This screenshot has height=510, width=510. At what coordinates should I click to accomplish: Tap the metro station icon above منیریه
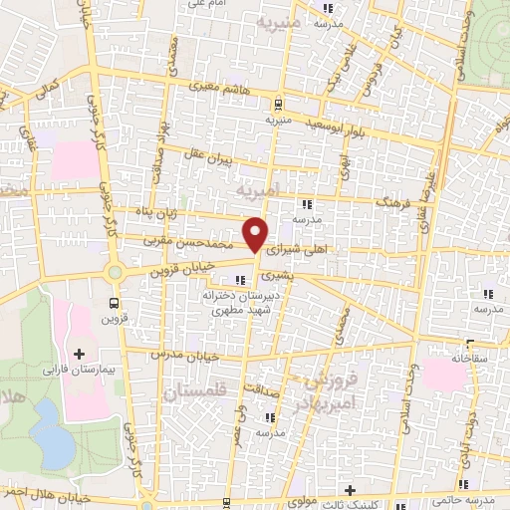[x=278, y=104]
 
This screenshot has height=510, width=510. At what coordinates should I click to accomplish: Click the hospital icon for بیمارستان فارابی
[x=79, y=354]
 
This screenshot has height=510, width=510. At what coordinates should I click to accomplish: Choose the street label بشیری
[x=274, y=270]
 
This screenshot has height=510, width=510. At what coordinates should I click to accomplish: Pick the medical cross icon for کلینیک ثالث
[x=350, y=490]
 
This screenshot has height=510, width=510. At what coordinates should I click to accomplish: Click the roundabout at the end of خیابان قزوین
[x=115, y=271]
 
